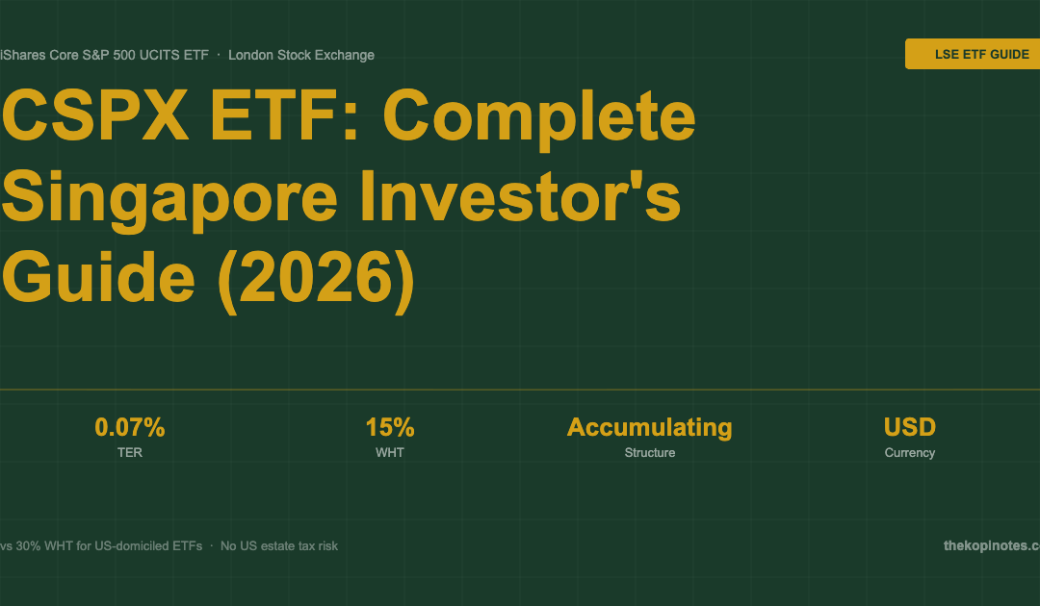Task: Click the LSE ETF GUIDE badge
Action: click(973, 54)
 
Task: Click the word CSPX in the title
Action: click(95, 115)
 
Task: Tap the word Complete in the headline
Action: click(539, 119)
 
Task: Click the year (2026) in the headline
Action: click(317, 280)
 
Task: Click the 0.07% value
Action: click(130, 427)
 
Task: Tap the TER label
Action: click(130, 452)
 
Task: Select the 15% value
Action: click(390, 427)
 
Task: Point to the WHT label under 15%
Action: click(390, 452)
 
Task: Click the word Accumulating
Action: click(650, 428)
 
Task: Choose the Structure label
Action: click(650, 452)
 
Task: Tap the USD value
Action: click(910, 427)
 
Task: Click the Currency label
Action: click(910, 453)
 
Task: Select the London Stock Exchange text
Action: click(301, 55)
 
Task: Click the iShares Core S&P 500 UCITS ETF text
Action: click(104, 55)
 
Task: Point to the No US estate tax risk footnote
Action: click(279, 545)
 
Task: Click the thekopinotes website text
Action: click(992, 545)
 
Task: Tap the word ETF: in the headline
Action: click(285, 115)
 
